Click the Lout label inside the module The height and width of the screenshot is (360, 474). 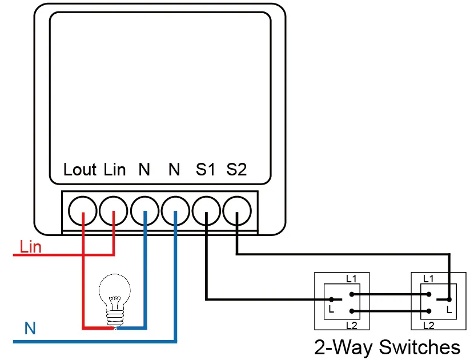tap(80, 169)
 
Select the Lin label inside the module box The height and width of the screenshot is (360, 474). tap(115, 169)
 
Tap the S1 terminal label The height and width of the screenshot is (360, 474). tap(205, 169)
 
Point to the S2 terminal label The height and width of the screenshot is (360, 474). tap(236, 169)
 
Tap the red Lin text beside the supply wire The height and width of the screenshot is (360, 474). tap(30, 247)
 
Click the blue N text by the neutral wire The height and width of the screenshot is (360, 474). tap(30, 328)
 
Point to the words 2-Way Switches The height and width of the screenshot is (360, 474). tap(387, 347)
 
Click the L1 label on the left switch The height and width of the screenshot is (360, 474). tap(351, 279)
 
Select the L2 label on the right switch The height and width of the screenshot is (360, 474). tap(429, 326)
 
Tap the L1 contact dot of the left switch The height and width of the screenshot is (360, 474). tap(352, 294)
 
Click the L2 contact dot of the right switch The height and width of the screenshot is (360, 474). tap(429, 311)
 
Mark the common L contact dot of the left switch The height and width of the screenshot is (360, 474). tap(331, 299)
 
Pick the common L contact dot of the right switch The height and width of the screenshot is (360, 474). tap(449, 299)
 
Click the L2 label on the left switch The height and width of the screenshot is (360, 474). tap(352, 326)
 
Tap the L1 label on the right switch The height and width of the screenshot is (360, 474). tap(428, 279)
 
